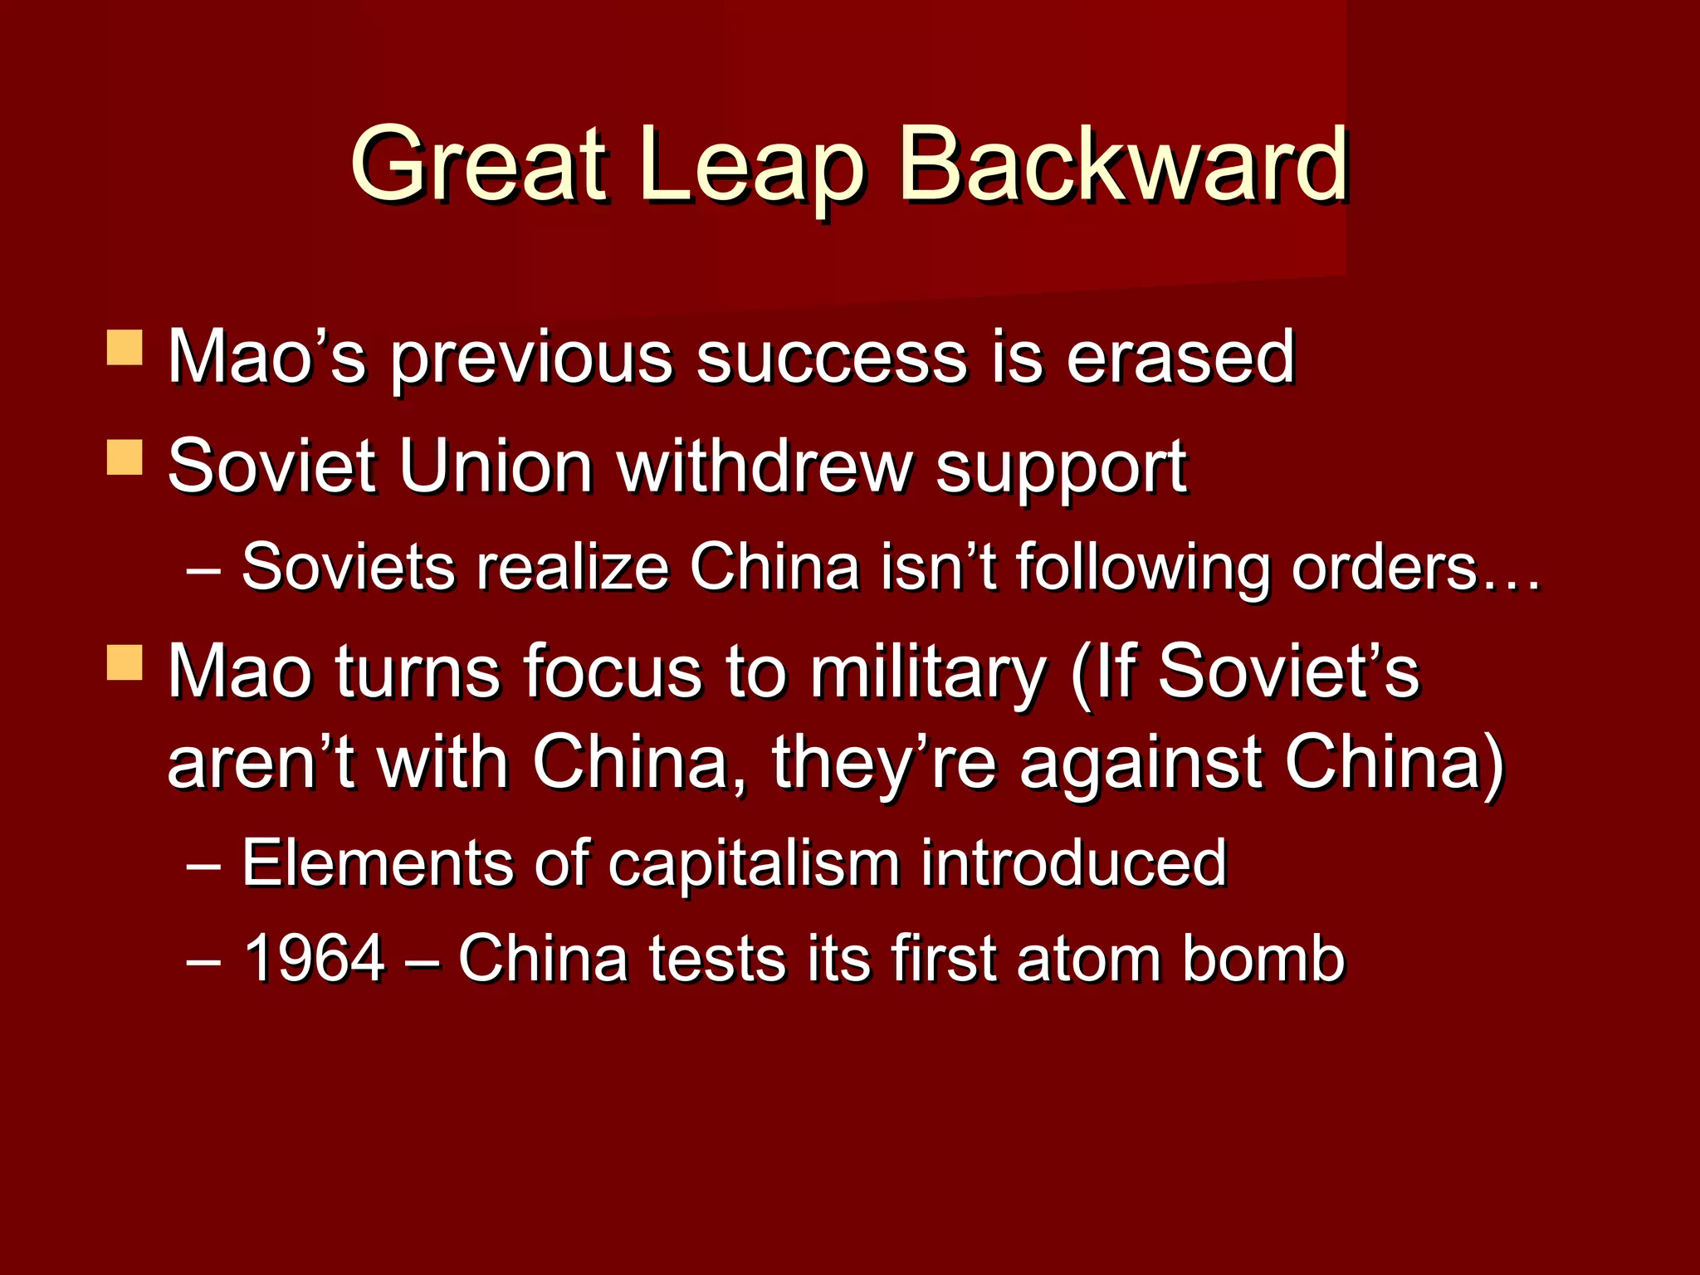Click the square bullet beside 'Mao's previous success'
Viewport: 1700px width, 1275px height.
point(125,348)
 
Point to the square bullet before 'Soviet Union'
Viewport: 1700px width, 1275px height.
point(125,457)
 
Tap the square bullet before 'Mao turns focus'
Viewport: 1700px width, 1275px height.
point(125,662)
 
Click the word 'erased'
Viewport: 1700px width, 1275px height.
point(1180,358)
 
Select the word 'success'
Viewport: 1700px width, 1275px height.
point(831,358)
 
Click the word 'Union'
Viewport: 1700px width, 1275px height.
point(496,466)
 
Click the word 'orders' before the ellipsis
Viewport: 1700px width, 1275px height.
point(1384,568)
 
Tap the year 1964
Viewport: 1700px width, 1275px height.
point(314,958)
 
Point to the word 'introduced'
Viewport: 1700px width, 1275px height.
point(1073,863)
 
